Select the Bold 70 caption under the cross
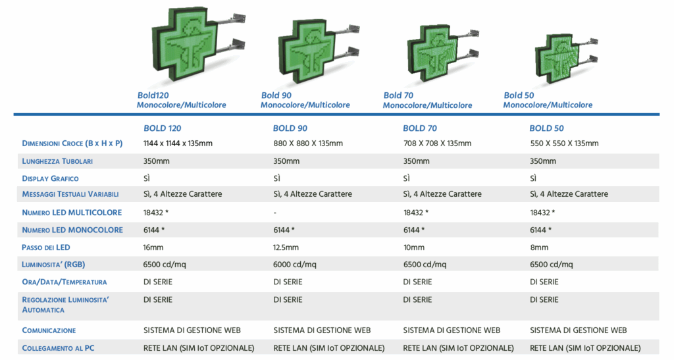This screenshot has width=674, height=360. click(x=398, y=95)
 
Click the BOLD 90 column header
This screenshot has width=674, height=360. click(x=290, y=128)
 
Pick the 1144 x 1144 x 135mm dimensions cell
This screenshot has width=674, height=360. click(x=178, y=143)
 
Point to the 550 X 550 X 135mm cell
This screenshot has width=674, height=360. click(x=564, y=143)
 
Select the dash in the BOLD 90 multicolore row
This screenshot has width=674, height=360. click(x=274, y=213)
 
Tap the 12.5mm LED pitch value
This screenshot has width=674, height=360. click(x=286, y=247)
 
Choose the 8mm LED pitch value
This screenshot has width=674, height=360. click(x=539, y=247)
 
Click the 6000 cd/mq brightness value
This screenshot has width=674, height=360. click(x=295, y=265)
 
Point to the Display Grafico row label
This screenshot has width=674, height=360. click(x=50, y=178)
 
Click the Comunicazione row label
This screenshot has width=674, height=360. click(x=49, y=330)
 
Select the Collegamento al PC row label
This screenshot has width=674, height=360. click(x=58, y=347)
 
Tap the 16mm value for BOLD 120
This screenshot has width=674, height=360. click(x=154, y=247)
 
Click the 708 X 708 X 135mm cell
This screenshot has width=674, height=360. click(x=437, y=143)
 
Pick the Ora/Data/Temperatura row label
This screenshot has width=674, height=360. click(x=65, y=282)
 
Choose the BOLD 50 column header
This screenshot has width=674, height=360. click(x=547, y=128)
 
